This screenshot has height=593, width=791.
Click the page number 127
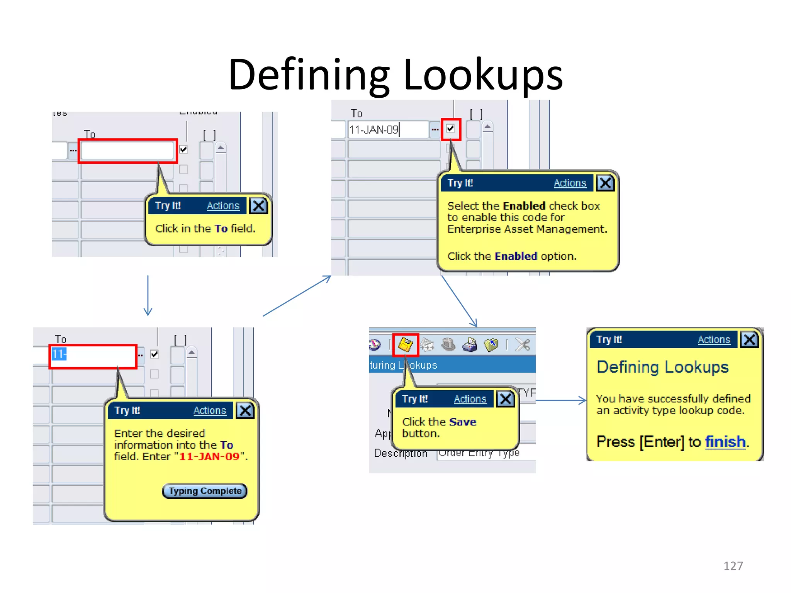[x=733, y=566]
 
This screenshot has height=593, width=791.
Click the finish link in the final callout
[x=725, y=442]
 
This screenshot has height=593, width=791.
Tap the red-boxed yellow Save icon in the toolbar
[x=405, y=345]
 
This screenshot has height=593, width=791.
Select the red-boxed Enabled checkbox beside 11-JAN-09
[x=450, y=129]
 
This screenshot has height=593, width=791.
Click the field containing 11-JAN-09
[x=387, y=130]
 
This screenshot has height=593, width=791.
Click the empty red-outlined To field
[x=127, y=151]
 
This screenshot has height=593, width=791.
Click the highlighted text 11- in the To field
[x=59, y=354]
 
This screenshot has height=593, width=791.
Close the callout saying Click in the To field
[x=258, y=206]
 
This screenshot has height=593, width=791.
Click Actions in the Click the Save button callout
[x=470, y=399]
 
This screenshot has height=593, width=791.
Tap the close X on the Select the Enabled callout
[x=605, y=183]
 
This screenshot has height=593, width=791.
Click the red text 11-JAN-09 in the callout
[x=209, y=456]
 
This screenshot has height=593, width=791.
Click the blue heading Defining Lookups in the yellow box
[x=662, y=367]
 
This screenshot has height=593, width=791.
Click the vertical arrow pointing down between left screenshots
[x=148, y=295]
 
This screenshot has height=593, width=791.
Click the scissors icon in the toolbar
[x=523, y=345]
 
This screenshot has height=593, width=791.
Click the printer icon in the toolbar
[x=470, y=345]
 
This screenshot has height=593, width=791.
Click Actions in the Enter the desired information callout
[x=209, y=410]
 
